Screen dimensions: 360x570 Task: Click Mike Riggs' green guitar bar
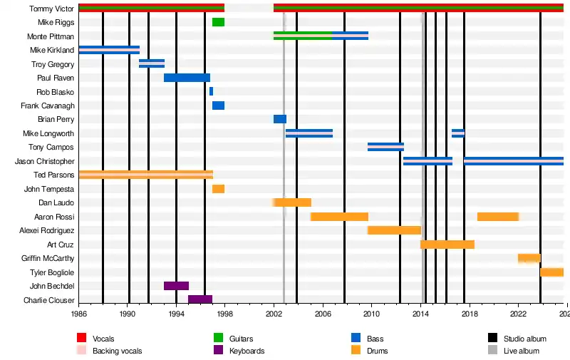click(218, 22)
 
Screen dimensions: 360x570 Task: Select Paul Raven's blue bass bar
click(187, 78)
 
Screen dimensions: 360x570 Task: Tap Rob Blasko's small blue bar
click(211, 91)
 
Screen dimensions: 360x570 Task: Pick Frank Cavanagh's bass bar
click(218, 106)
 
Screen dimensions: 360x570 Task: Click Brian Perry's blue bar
click(280, 119)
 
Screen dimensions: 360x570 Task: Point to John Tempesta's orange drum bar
click(218, 189)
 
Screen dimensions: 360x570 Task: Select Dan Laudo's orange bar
click(293, 202)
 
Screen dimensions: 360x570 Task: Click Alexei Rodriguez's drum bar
click(394, 230)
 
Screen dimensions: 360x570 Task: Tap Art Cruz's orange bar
click(447, 245)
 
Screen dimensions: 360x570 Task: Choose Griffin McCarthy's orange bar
click(529, 258)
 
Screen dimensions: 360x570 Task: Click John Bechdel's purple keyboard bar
click(176, 286)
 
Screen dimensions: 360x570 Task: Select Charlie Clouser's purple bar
click(200, 299)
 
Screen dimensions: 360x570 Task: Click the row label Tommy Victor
click(51, 9)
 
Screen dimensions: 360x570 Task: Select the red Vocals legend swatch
click(82, 339)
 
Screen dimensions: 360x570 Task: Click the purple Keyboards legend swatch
click(219, 351)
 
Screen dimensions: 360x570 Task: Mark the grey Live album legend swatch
click(493, 351)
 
